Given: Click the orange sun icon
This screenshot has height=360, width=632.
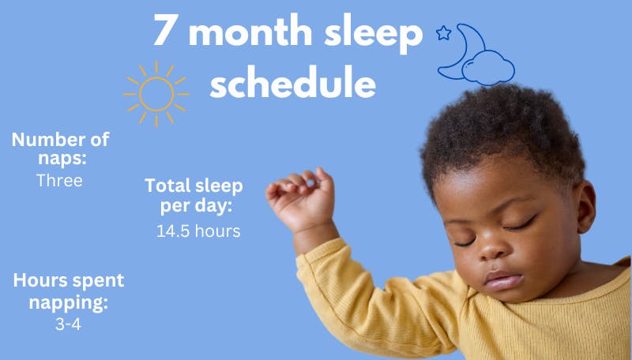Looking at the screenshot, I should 156,94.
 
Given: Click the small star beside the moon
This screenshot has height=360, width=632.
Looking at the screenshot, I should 443,33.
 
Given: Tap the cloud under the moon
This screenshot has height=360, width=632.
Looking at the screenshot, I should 490,69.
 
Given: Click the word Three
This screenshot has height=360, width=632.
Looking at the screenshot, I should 59,180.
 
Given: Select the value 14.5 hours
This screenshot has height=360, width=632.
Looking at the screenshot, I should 198,231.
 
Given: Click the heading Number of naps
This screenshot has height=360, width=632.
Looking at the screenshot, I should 60,148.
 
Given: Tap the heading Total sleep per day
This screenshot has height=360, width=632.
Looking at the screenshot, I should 194,195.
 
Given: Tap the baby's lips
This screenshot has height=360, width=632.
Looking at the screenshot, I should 501,280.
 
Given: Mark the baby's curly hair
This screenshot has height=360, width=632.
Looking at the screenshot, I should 506,134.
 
